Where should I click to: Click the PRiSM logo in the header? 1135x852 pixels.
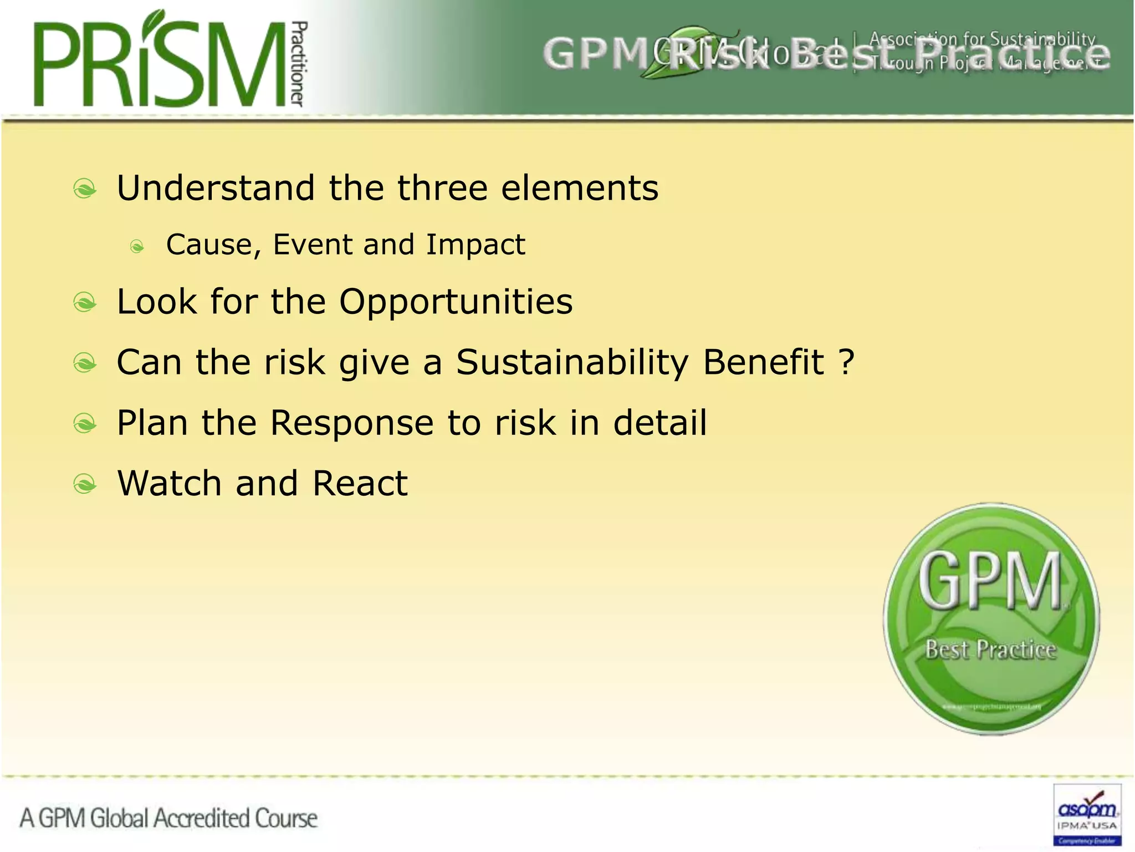[x=161, y=61]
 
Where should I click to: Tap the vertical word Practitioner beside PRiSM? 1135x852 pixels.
[x=298, y=64]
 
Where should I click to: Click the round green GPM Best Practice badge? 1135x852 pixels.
[x=991, y=619]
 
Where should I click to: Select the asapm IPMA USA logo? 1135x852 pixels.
[x=1087, y=814]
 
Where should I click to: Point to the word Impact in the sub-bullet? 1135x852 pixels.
[x=476, y=245]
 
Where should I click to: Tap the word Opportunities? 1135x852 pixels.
[x=456, y=302]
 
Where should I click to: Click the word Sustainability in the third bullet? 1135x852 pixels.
[x=572, y=363]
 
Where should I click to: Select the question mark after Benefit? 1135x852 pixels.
[x=846, y=363]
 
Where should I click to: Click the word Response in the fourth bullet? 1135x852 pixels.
[x=352, y=423]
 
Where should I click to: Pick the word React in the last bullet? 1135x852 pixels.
[x=360, y=483]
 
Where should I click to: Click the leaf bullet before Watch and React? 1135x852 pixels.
[x=85, y=484]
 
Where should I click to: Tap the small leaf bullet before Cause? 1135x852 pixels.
[x=137, y=246]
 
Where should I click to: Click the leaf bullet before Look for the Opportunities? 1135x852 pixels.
[x=85, y=302]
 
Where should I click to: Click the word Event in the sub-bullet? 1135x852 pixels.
[x=313, y=245]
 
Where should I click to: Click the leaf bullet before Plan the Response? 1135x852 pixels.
[x=85, y=424]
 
